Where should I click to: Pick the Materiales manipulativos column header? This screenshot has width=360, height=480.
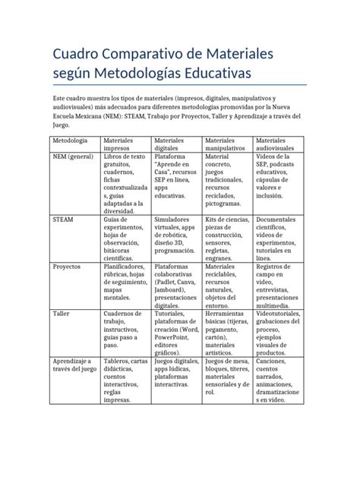[227, 144]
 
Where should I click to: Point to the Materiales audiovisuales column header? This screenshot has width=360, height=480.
[277, 144]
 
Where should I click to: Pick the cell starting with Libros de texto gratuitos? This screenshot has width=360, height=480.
[125, 182]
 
